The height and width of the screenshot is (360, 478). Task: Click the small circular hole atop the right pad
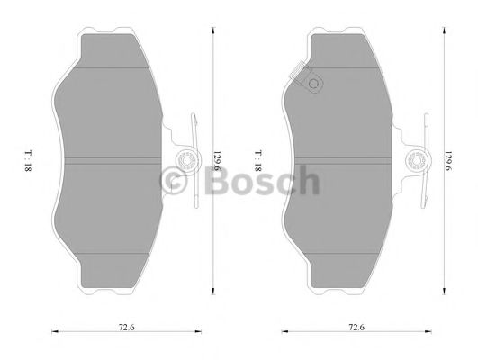pyautogui.click(x=314, y=86)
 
